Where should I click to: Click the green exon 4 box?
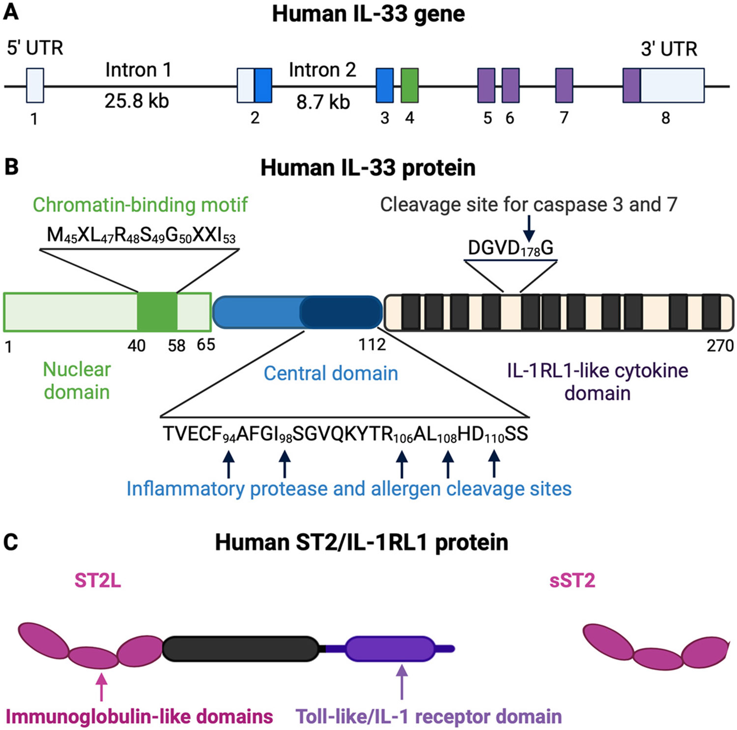pyautogui.click(x=409, y=86)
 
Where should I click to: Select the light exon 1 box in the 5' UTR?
pyautogui.click(x=35, y=86)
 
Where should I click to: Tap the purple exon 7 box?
pyautogui.click(x=564, y=86)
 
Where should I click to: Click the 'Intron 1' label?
pyautogui.click(x=138, y=70)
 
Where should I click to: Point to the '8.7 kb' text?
pyautogui.click(x=323, y=102)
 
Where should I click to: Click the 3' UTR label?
pyautogui.click(x=669, y=49)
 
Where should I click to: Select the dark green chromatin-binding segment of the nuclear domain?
pyautogui.click(x=157, y=311)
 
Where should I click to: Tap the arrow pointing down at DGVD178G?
pyautogui.click(x=529, y=228)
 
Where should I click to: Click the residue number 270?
pyautogui.click(x=720, y=346)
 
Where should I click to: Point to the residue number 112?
pyautogui.click(x=372, y=345)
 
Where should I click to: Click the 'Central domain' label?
pyautogui.click(x=331, y=373)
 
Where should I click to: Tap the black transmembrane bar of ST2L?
pyautogui.click(x=241, y=648)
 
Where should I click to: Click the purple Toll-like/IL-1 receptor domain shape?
pyautogui.click(x=390, y=648)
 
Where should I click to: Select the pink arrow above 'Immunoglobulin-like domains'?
pyautogui.click(x=101, y=686)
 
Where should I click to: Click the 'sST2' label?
pyautogui.click(x=572, y=581)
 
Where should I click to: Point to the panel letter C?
pyautogui.click(x=11, y=542)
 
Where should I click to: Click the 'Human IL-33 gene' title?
pyautogui.click(x=368, y=14)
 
